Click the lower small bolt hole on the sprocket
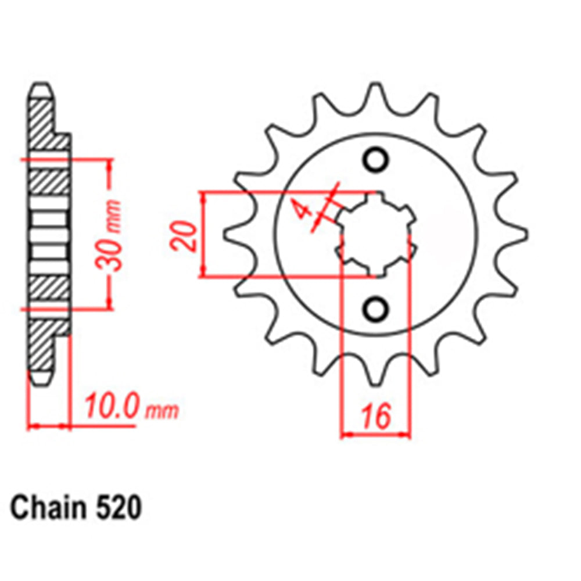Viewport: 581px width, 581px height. [x=375, y=308]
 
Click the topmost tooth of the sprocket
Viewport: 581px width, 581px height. [x=376, y=93]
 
